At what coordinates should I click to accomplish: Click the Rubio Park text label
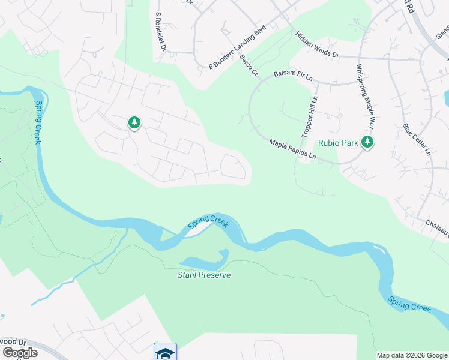pos(339,143)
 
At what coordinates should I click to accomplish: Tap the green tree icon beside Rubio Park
pos(367,142)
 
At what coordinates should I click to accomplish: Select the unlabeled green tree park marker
pos(134,124)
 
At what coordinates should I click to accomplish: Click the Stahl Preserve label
pos(203,275)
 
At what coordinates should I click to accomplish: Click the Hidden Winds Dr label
pos(317,45)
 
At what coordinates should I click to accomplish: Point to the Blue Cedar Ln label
pos(417,140)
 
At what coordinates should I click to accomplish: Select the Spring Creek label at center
pos(208,223)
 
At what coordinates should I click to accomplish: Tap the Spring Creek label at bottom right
pos(409,303)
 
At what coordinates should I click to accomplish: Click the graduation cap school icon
pos(165,352)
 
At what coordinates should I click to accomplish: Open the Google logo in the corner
pos(20,352)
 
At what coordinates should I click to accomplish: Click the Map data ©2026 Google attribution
pos(412,355)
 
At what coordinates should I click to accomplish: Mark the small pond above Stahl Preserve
pos(204,262)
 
